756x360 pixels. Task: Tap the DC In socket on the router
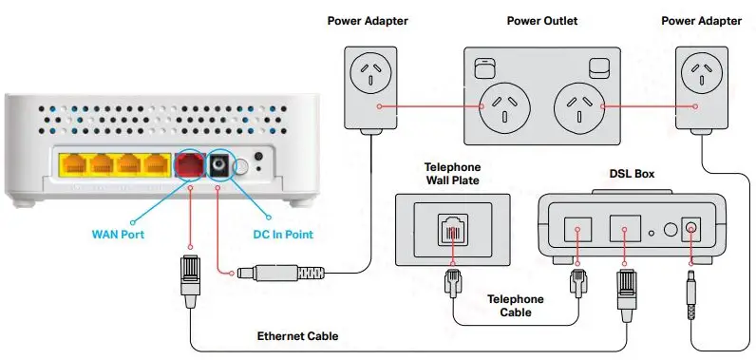(x=220, y=165)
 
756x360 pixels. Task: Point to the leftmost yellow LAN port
(x=73, y=165)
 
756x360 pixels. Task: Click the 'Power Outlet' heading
(x=541, y=21)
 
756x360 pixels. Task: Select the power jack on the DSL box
(x=690, y=229)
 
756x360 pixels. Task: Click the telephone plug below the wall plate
(x=452, y=282)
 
